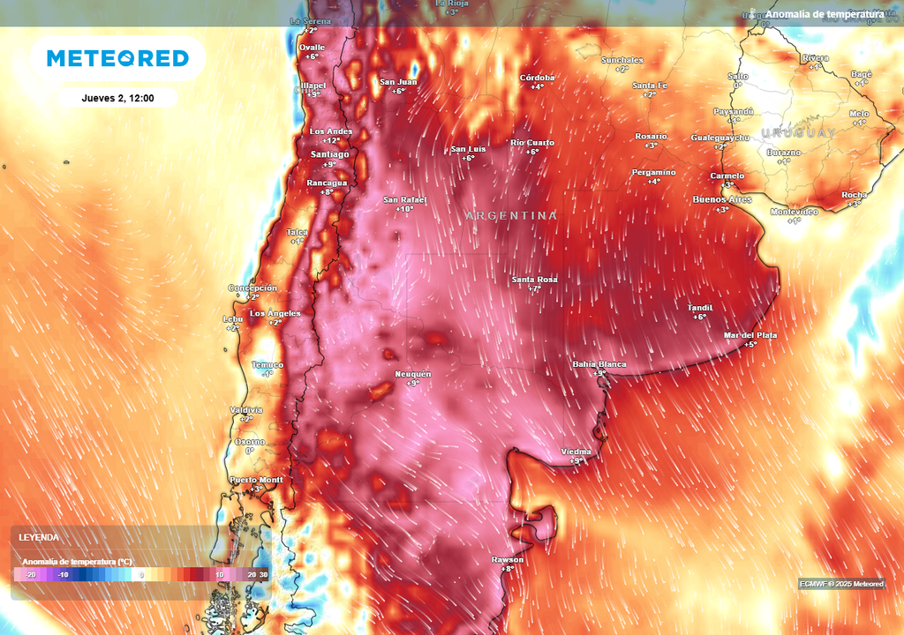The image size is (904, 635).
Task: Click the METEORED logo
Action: pyautogui.click(x=117, y=58)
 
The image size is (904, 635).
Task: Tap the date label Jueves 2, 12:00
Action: pyautogui.click(x=117, y=98)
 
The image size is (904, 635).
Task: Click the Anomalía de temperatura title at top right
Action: pyautogui.click(x=824, y=14)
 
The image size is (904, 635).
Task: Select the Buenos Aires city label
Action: pyautogui.click(x=722, y=199)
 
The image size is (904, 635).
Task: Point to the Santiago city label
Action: pyautogui.click(x=329, y=153)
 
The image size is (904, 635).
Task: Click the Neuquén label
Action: pyautogui.click(x=412, y=374)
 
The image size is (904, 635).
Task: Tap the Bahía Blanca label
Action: pyautogui.click(x=599, y=364)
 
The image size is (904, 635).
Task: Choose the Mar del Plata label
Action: pyautogui.click(x=750, y=335)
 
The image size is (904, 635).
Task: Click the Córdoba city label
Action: pyautogui.click(x=537, y=78)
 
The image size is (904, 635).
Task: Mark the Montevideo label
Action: pyautogui.click(x=794, y=212)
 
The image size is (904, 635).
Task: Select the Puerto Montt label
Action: pyautogui.click(x=256, y=480)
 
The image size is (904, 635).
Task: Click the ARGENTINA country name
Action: pyautogui.click(x=511, y=215)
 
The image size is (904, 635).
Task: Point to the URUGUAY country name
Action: pyautogui.click(x=798, y=132)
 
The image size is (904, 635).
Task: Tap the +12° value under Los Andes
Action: pyautogui.click(x=331, y=141)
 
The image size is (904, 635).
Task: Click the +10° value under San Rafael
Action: pyautogui.click(x=404, y=210)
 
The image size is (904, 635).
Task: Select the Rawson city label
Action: pyautogui.click(x=508, y=560)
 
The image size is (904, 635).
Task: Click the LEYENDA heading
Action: pyautogui.click(x=40, y=536)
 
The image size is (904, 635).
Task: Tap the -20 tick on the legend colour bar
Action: pyautogui.click(x=30, y=574)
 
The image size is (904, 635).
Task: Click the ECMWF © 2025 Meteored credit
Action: pyautogui.click(x=841, y=584)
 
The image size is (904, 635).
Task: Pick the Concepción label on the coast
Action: pyautogui.click(x=252, y=288)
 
